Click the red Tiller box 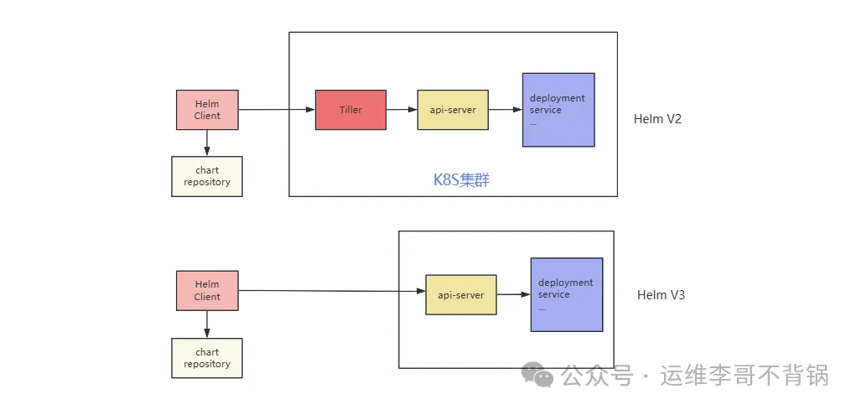point(350,110)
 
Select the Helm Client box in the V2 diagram point(207,110)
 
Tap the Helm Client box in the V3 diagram point(207,290)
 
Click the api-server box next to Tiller point(453,110)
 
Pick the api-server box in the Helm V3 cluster point(460,294)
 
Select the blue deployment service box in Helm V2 point(558,110)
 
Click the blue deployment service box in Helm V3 point(566,294)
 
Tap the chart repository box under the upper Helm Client point(207,176)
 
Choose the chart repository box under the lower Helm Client point(207,358)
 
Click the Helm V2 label point(657,119)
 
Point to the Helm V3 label point(661,295)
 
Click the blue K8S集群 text point(461,179)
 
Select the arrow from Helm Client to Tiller point(277,110)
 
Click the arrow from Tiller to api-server point(402,110)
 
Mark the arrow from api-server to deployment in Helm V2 point(505,110)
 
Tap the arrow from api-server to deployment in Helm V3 point(513,294)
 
